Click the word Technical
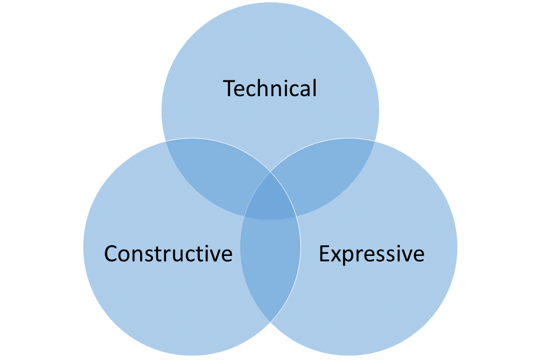270,89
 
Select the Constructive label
168,254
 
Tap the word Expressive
371,254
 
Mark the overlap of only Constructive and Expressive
270,264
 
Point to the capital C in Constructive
111,254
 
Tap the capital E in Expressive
325,254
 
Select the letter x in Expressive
336,256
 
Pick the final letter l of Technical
314,89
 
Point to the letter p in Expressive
349,258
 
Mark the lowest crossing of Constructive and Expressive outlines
271,322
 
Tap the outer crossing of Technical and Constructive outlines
166,140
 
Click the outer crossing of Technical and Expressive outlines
375,140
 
